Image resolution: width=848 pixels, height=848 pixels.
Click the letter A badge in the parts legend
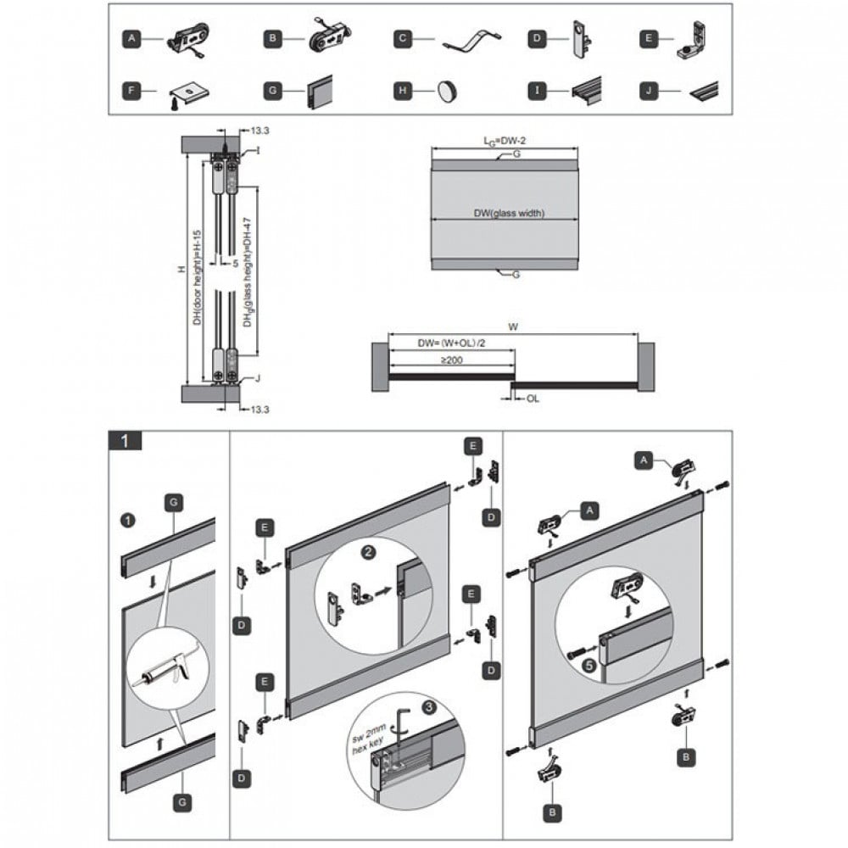coord(131,39)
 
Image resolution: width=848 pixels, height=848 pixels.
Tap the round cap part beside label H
coord(448,90)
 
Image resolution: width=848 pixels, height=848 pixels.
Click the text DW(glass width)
coord(510,214)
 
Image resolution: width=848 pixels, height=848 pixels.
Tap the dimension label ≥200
coord(451,360)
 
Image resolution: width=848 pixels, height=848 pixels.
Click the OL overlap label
coord(532,397)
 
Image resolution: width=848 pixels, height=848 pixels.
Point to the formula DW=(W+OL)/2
coord(451,344)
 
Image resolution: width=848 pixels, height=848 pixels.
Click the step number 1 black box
coord(126,440)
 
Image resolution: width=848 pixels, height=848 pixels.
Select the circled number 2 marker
coord(369,552)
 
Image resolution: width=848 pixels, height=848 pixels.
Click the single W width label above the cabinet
coord(513,326)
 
